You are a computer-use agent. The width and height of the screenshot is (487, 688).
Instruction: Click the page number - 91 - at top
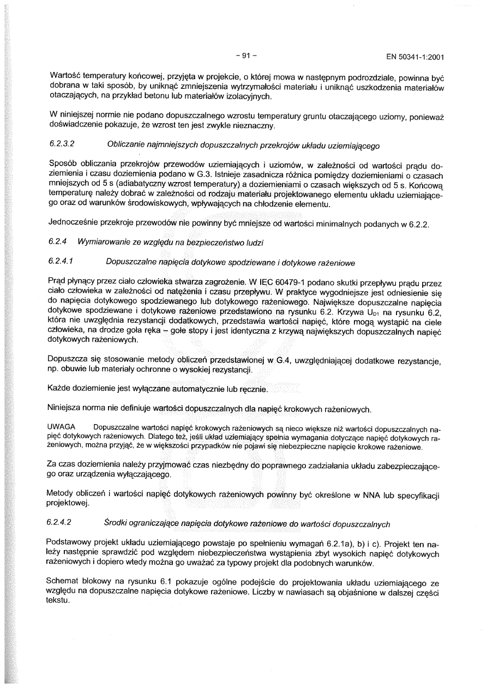[246, 56]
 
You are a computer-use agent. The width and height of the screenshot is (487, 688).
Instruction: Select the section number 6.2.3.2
[61, 146]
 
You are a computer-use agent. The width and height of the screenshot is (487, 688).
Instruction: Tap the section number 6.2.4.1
[61, 262]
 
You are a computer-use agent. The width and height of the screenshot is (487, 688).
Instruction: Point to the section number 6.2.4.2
[61, 523]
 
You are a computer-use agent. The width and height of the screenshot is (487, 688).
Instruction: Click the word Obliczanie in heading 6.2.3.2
[127, 146]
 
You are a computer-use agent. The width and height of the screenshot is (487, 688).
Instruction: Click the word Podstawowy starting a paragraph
[70, 544]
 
